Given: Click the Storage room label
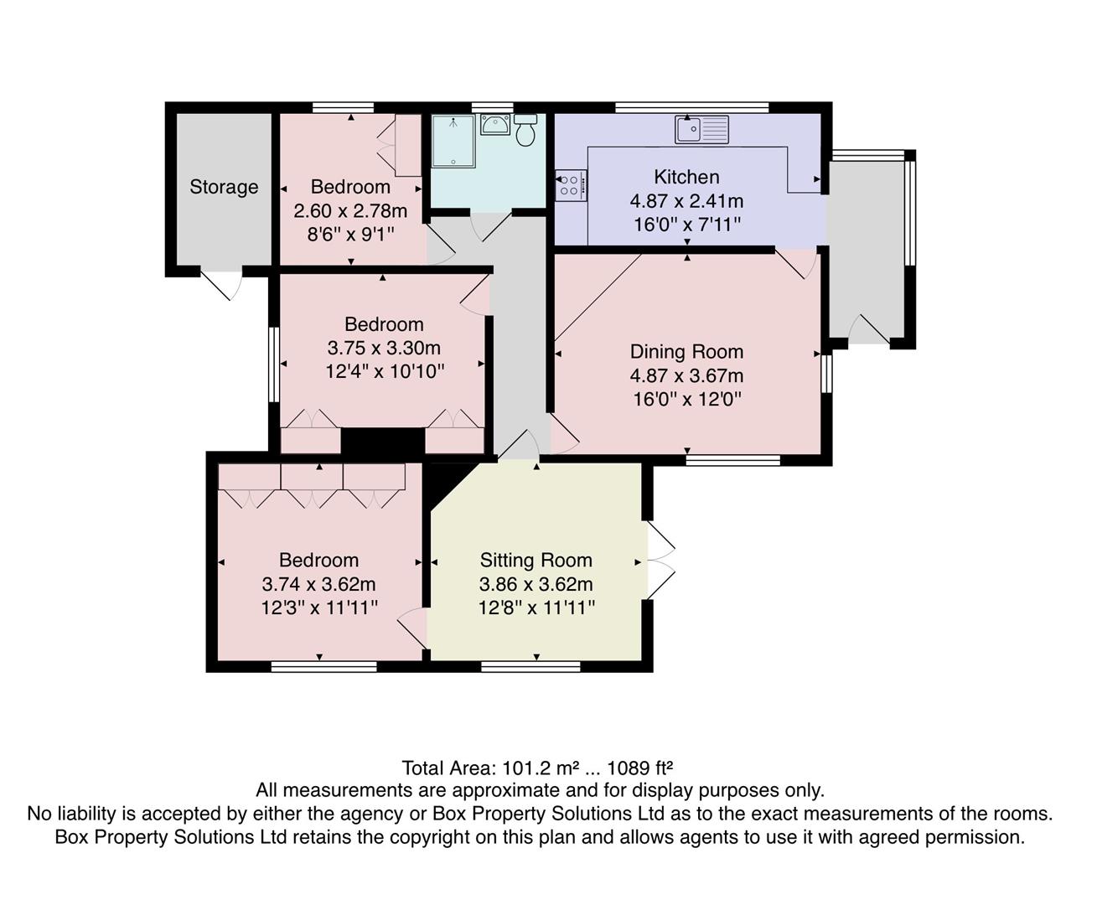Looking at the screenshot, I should (224, 187).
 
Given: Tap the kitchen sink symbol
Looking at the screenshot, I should (702, 129).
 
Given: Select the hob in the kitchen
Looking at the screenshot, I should (571, 185).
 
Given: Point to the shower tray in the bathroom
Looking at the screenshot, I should (453, 141).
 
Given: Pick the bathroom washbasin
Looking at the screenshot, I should (494, 125).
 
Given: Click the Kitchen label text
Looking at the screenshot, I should (686, 177).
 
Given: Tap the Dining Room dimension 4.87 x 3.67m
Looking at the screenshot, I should (686, 376).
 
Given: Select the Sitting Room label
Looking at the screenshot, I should (536, 560).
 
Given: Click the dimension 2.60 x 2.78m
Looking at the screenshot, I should (350, 210).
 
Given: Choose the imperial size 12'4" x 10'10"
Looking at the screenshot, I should (384, 371).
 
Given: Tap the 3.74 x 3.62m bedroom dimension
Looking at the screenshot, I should (318, 584).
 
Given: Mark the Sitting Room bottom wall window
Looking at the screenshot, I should (530, 667).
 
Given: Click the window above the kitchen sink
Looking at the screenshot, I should (691, 107).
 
